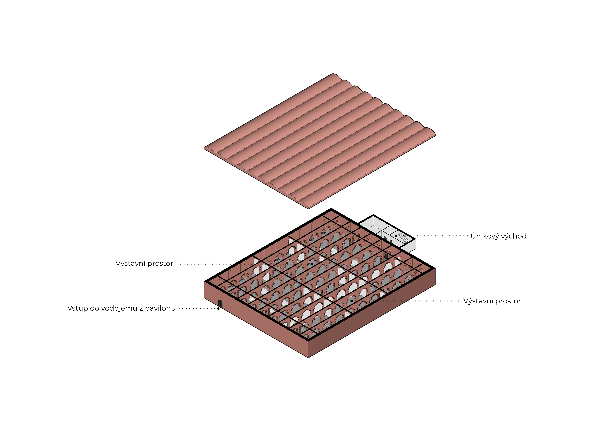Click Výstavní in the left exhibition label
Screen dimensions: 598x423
tap(130, 264)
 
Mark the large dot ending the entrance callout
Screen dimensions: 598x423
tap(218, 309)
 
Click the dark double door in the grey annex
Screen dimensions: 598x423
tap(386, 239)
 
